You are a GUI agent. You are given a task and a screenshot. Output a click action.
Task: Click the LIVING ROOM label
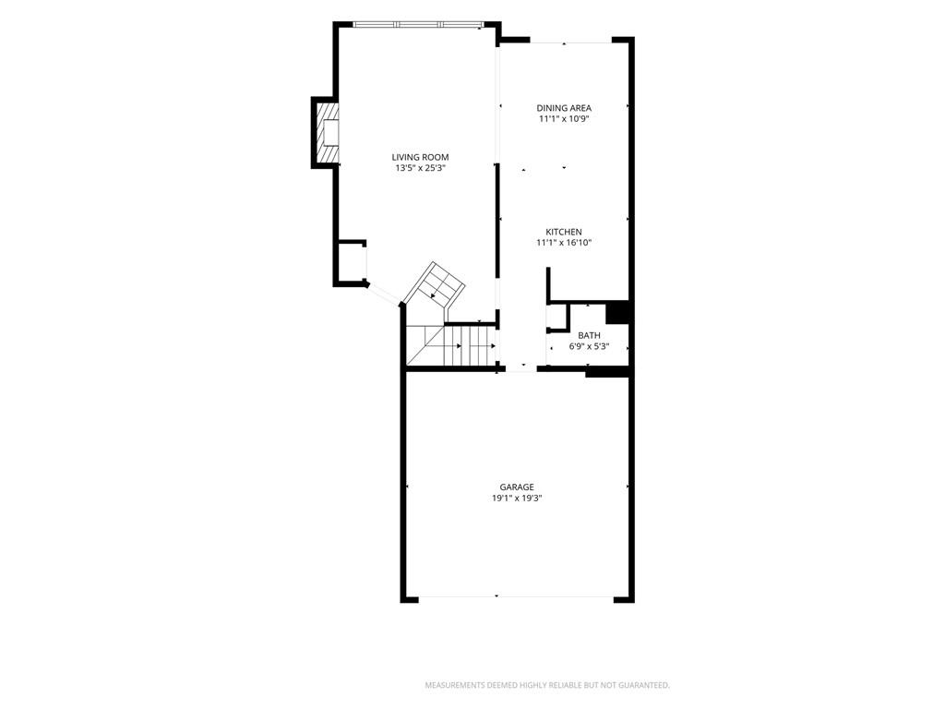point(420,157)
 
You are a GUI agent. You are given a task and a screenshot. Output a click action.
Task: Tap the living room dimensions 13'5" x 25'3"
point(420,169)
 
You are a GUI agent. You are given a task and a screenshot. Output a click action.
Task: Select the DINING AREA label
point(564,108)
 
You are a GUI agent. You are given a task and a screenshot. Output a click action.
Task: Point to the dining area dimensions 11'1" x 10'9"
point(564,119)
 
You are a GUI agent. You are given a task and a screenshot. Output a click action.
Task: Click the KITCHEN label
point(564,232)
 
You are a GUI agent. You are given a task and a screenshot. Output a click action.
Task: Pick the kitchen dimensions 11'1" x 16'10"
point(564,243)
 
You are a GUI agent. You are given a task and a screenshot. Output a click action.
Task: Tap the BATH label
point(590,336)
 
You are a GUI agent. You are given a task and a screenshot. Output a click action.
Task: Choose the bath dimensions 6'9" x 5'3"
point(590,347)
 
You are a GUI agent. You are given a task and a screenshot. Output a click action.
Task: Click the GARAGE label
point(517,487)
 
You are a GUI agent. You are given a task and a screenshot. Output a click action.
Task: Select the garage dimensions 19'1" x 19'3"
point(517,498)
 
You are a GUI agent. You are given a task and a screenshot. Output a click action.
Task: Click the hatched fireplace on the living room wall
point(329,133)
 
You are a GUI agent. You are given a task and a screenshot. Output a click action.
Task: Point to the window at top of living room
point(418,25)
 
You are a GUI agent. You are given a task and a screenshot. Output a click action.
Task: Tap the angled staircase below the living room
point(434,291)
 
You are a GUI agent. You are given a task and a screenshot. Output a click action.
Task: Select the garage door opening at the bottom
point(516,597)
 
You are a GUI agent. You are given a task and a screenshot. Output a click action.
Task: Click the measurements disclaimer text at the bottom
point(547,686)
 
